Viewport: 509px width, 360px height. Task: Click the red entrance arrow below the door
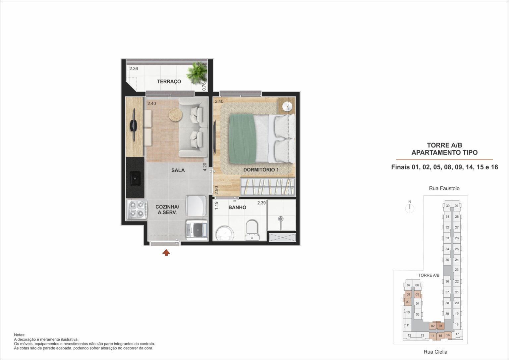(x=166, y=253)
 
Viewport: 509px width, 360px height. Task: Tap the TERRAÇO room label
(x=169, y=82)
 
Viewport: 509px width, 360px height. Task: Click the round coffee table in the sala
(x=175, y=115)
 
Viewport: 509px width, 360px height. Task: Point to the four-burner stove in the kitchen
(x=137, y=209)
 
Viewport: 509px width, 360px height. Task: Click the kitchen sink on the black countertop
(x=135, y=178)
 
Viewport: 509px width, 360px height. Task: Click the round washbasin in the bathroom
(x=225, y=233)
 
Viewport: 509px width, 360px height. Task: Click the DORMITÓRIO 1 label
(x=261, y=170)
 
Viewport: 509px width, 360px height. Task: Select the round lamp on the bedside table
(x=287, y=106)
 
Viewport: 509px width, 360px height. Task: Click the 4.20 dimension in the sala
(x=205, y=167)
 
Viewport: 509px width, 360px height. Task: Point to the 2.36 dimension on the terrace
(x=134, y=69)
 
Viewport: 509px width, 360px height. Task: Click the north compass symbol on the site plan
(x=410, y=207)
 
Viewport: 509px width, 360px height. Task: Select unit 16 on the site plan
(x=448, y=335)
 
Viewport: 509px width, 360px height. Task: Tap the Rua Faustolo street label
(x=444, y=188)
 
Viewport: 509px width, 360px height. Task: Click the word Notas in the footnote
(x=20, y=335)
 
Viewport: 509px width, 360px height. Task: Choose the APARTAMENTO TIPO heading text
(x=444, y=152)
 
